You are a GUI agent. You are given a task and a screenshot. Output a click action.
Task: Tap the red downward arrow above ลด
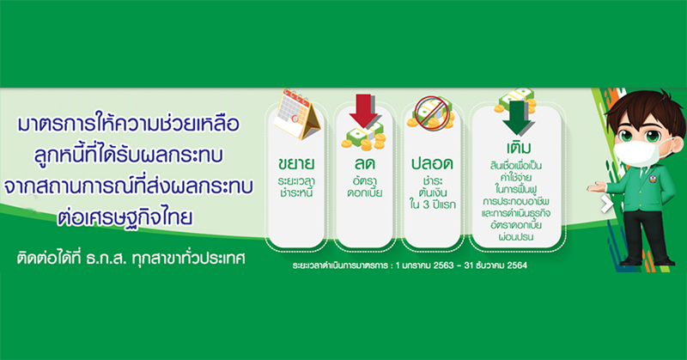(x=363, y=110)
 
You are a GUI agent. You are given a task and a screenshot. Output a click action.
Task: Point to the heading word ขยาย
(x=295, y=163)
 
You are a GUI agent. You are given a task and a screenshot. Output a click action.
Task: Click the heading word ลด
(x=364, y=163)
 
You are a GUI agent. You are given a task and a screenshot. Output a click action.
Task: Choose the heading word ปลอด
(x=432, y=163)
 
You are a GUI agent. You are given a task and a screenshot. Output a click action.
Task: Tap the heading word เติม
(x=518, y=147)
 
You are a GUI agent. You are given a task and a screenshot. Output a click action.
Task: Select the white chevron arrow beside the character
(x=607, y=204)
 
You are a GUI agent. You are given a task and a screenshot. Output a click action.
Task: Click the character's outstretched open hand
(x=596, y=187)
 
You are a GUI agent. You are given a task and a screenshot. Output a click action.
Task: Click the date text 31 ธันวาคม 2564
(x=495, y=265)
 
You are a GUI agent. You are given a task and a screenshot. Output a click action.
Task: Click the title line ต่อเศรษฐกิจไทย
(x=125, y=217)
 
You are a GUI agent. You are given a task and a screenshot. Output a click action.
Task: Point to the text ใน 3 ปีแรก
(x=433, y=204)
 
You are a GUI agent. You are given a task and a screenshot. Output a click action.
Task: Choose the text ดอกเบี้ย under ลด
(x=365, y=193)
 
